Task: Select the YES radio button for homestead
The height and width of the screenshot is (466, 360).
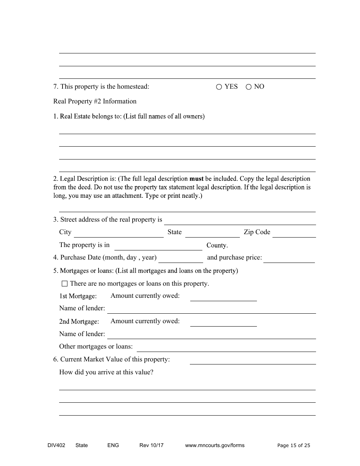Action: click(x=219, y=87)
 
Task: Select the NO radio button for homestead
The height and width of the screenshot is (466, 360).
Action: click(x=249, y=87)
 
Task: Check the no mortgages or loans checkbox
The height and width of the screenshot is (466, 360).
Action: click(x=64, y=284)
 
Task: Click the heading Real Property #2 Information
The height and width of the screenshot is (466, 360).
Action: click(x=95, y=102)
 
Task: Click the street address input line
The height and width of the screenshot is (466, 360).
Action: click(x=239, y=220)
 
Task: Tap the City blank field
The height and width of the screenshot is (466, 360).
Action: click(x=118, y=233)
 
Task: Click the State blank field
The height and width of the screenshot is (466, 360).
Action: click(x=212, y=233)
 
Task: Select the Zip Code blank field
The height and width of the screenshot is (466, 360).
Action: click(x=294, y=233)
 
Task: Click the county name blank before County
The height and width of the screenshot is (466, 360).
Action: click(x=158, y=246)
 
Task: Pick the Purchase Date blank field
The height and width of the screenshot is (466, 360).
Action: click(x=181, y=258)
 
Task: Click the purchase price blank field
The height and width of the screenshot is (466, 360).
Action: click(x=289, y=258)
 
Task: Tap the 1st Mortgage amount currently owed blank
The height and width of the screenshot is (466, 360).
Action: click(x=223, y=297)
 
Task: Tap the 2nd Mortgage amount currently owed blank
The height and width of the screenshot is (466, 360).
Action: click(x=223, y=322)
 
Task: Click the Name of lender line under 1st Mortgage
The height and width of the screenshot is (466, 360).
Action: click(x=211, y=309)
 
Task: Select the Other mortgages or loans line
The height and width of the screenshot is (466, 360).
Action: click(x=226, y=347)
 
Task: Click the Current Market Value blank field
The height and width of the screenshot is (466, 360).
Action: click(x=252, y=360)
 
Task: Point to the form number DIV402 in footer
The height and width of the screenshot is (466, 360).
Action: click(x=54, y=446)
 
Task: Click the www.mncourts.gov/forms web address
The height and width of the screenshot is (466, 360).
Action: click(x=214, y=446)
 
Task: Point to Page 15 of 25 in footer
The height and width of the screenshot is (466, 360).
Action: click(x=293, y=446)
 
